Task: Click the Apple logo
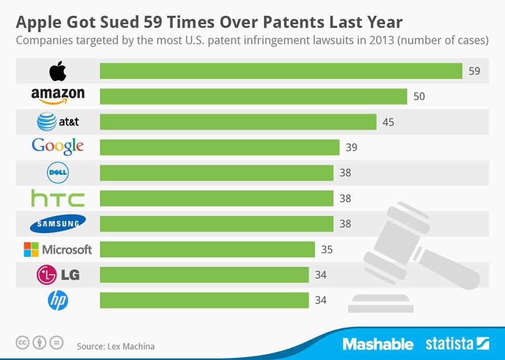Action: pos(58,71)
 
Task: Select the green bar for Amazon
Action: pos(253,96)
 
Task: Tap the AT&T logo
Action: pos(58,122)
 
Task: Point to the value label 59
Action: pos(474,71)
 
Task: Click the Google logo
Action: pos(58,146)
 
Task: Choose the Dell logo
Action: pos(58,173)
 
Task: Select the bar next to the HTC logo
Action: pos(216,198)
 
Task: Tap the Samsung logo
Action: pos(58,223)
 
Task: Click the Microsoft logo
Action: pos(58,249)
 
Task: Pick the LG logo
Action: pos(58,274)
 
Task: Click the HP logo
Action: pos(58,300)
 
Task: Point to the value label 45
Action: pos(388,122)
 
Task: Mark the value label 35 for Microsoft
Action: pos(327,249)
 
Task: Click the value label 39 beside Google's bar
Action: pos(351,147)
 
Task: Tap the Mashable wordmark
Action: pos(378,344)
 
